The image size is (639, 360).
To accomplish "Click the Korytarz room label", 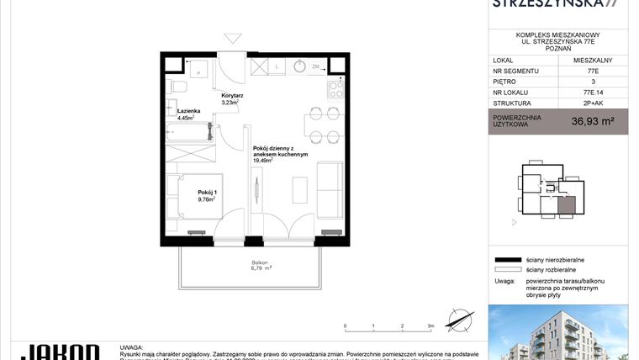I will [x=231, y=96].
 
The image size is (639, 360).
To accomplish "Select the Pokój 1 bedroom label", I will [x=207, y=192].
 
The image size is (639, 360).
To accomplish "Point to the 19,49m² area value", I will [x=265, y=159].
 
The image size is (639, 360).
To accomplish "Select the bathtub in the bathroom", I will [x=187, y=131].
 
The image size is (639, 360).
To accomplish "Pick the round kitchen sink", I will [x=300, y=66].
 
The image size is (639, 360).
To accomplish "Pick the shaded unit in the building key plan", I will [x=567, y=203].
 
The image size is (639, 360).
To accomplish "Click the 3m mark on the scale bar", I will [x=430, y=325].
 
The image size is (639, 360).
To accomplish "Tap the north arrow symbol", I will [x=457, y=320].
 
